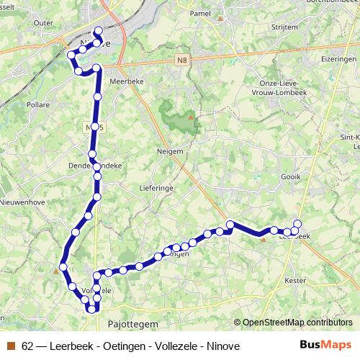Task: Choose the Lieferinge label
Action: [x=153, y=187]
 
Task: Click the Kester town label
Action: [x=296, y=279]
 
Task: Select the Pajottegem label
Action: [x=127, y=325]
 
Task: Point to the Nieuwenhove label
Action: [x=27, y=202]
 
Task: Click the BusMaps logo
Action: [x=327, y=345]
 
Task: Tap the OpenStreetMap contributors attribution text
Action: [x=297, y=323]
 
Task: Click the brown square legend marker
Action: [x=10, y=346]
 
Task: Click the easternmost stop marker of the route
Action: [x=297, y=223]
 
